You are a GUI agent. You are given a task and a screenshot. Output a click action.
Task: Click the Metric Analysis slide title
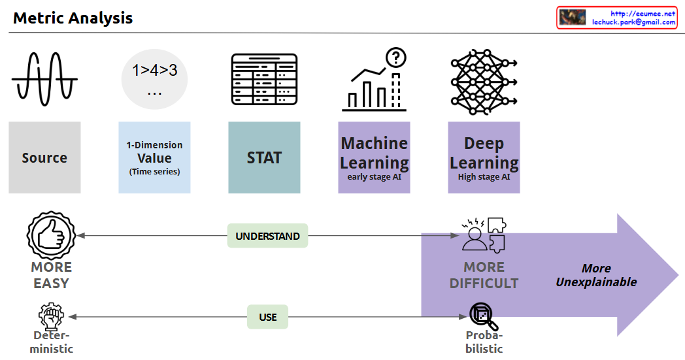[x=73, y=18]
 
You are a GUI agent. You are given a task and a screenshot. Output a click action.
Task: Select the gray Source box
[x=44, y=157]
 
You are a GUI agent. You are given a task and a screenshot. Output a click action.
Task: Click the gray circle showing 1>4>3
[x=154, y=79]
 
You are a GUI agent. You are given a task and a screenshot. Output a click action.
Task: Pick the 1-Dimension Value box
[x=154, y=157]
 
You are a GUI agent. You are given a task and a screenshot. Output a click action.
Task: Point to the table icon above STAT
[x=264, y=79]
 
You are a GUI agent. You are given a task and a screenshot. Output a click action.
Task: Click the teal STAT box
[x=264, y=157]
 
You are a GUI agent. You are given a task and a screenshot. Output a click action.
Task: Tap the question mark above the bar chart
[x=395, y=57]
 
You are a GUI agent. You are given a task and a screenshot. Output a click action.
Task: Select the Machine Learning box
[x=374, y=157]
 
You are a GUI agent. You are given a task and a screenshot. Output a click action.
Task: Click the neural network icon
[x=484, y=79]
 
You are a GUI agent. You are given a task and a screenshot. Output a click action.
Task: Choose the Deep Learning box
[x=484, y=157]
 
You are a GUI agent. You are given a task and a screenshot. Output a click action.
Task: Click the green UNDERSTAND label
[x=267, y=236]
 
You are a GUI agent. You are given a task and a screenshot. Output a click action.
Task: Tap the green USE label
[x=267, y=317]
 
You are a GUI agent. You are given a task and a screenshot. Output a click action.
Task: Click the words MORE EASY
[x=51, y=275]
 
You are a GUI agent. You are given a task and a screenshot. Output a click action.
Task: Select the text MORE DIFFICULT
[x=484, y=275]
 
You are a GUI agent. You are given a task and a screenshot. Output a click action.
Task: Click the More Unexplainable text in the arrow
[x=596, y=275]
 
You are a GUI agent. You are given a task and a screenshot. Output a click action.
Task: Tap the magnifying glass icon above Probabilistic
[x=484, y=317]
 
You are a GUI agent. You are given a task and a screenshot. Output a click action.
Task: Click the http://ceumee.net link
[x=642, y=13]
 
